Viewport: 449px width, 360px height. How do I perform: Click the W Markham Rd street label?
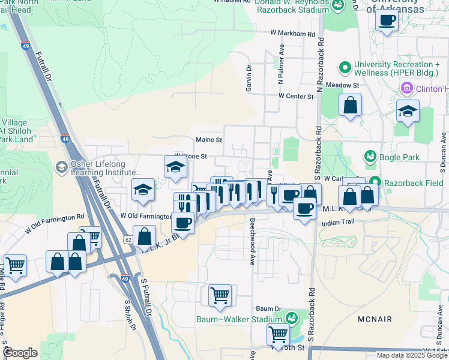click(x=292, y=34)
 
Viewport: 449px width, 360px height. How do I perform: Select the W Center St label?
click(x=296, y=96)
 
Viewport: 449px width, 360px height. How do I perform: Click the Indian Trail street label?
click(x=339, y=223)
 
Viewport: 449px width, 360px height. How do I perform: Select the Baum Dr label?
click(x=270, y=308)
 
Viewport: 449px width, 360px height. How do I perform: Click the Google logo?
click(x=20, y=353)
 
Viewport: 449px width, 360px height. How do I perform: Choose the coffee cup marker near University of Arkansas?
click(x=386, y=20)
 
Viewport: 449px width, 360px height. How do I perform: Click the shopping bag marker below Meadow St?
click(x=350, y=106)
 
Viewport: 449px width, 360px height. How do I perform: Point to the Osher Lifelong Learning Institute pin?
click(x=61, y=166)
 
